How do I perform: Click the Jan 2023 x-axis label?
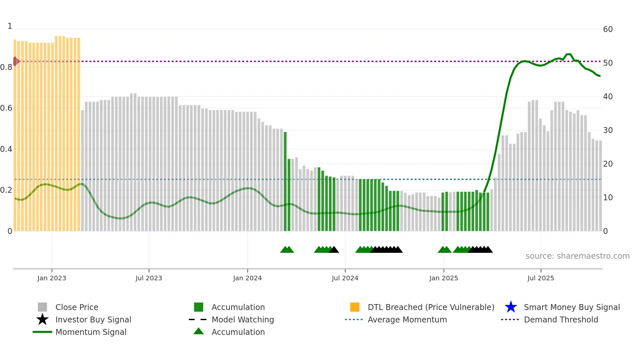point(52,278)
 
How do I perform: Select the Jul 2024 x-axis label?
point(345,278)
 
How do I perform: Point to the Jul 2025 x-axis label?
point(540,278)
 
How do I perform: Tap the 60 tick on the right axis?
point(608,29)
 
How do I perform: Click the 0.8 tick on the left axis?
point(6,67)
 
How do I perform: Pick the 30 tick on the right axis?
point(608,130)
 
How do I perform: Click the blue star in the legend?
point(511,307)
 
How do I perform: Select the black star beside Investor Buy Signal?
point(42,319)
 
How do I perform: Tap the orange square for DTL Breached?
point(355,307)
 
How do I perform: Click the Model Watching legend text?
point(243,319)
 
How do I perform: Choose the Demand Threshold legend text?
point(561,319)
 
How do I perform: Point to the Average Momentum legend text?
point(407,319)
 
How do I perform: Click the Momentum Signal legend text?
point(91,332)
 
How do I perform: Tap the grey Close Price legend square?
point(42,307)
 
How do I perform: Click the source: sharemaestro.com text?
point(577,256)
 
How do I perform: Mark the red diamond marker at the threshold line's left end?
point(15,61)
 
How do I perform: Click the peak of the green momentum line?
point(568,54)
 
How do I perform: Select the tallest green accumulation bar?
point(285,181)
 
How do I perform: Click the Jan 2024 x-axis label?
point(247,278)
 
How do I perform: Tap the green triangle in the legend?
point(199,331)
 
